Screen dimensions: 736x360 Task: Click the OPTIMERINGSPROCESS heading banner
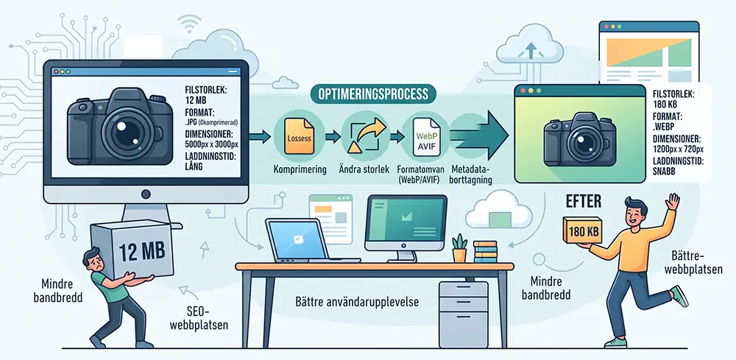pyautogui.click(x=372, y=94)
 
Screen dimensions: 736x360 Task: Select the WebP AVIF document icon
pyautogui.click(x=425, y=136)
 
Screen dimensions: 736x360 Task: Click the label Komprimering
pyautogui.click(x=300, y=169)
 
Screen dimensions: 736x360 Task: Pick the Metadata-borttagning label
pyautogui.click(x=471, y=174)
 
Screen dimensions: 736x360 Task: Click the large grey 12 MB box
pyautogui.click(x=132, y=250)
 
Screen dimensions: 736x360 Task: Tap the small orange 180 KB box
pyautogui.click(x=582, y=230)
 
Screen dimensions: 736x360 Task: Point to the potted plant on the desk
pyautogui.click(x=459, y=248)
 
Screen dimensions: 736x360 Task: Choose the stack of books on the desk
pyautogui.click(x=485, y=252)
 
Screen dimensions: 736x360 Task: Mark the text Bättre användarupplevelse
pyautogui.click(x=357, y=301)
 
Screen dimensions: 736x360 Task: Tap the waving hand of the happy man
pyautogui.click(x=673, y=202)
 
